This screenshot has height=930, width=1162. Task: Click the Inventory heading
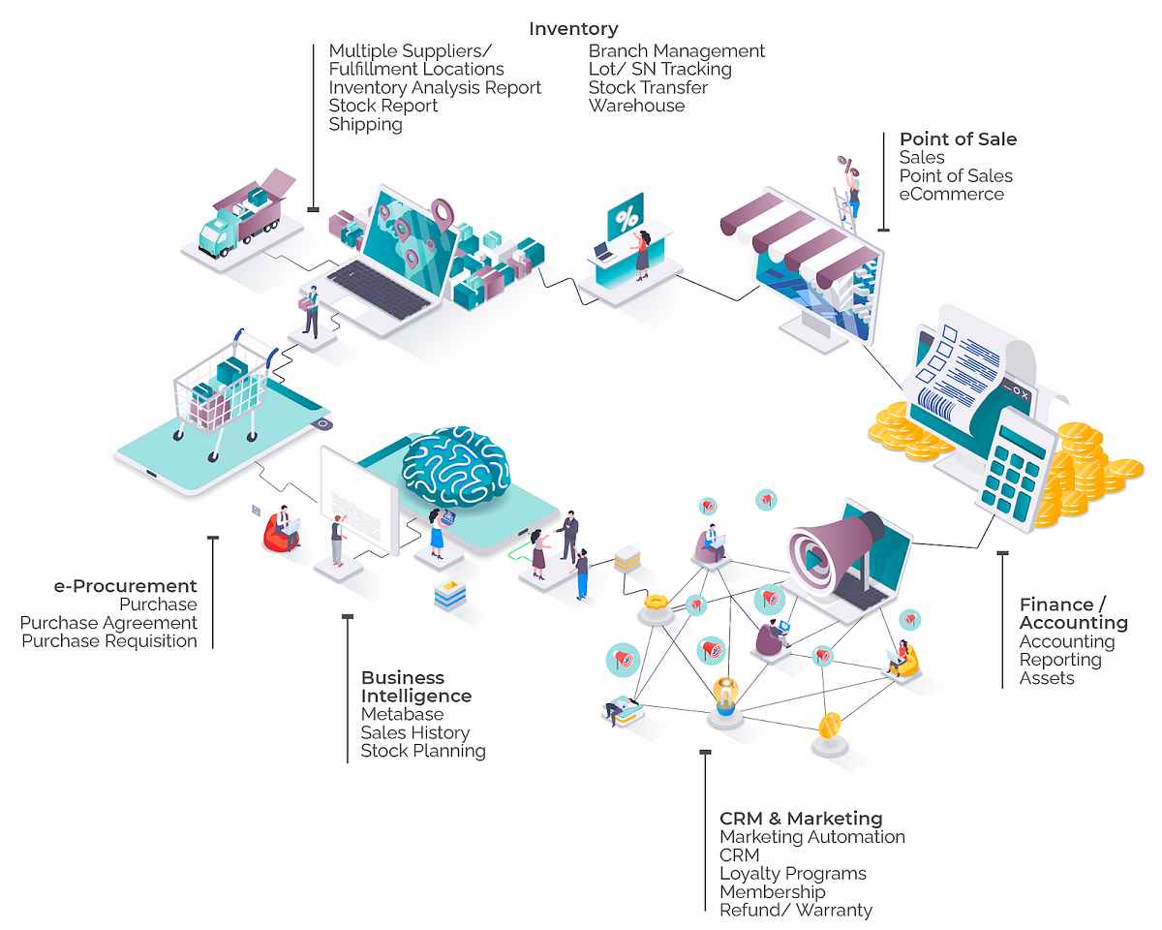(x=573, y=29)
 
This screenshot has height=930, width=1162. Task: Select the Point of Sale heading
(x=958, y=139)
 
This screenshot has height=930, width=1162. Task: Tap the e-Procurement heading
(x=126, y=586)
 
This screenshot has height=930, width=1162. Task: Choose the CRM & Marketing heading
(x=801, y=819)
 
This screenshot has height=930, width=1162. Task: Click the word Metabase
(x=402, y=714)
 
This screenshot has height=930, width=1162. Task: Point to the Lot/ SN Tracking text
(x=659, y=69)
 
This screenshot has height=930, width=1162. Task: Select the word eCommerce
(x=951, y=194)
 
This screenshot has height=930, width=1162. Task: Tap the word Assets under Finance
(x=1047, y=678)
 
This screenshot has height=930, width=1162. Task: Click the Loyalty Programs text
(x=792, y=874)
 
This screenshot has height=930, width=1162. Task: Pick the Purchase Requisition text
(x=109, y=640)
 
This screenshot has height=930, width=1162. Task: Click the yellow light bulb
(x=724, y=694)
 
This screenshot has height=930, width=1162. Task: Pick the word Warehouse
(x=636, y=106)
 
